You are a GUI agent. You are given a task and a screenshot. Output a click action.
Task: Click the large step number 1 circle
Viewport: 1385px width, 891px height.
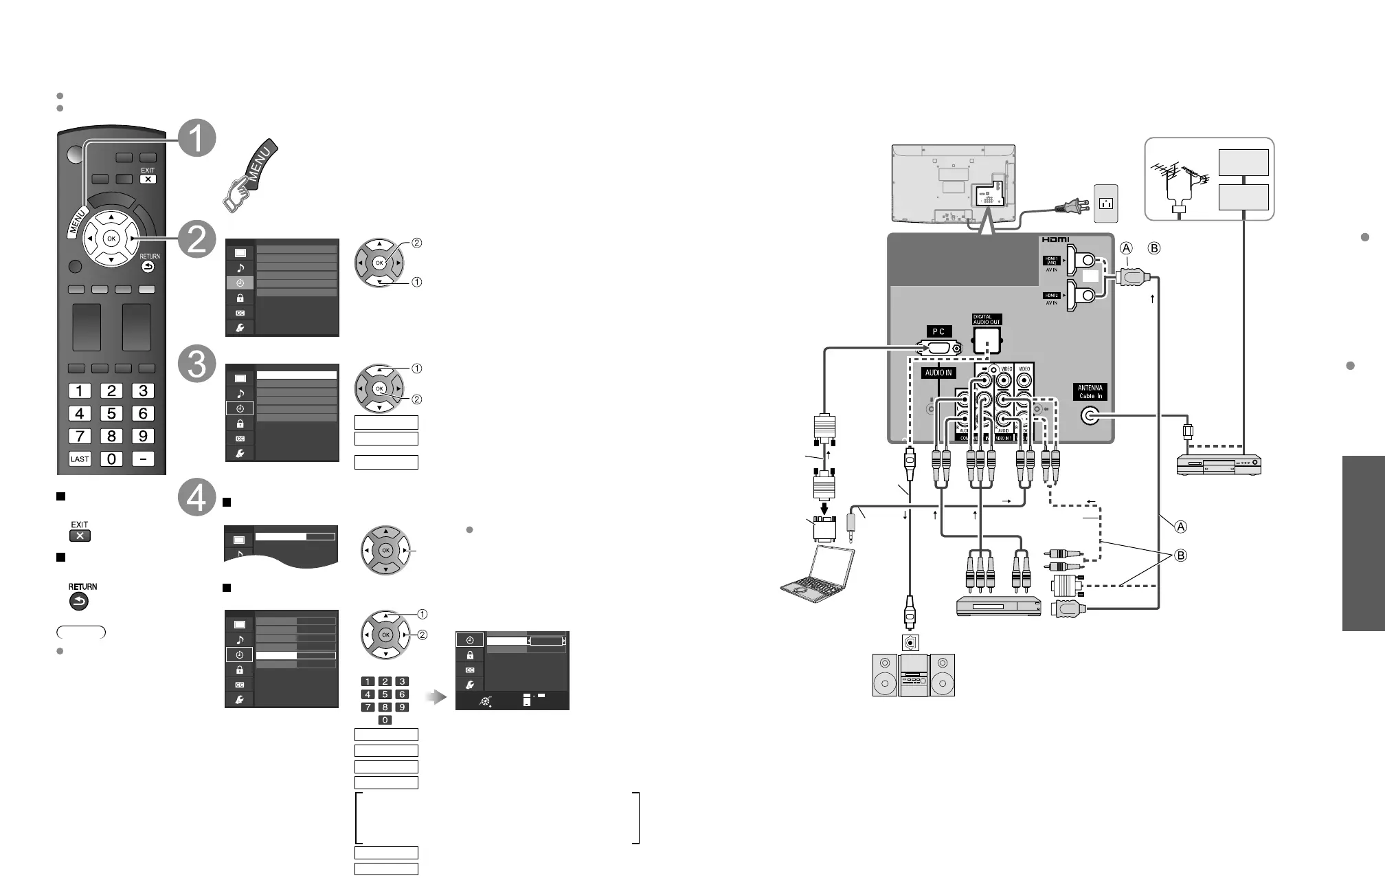pyautogui.click(x=196, y=140)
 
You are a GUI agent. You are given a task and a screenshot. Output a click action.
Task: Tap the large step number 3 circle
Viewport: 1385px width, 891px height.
pyautogui.click(x=196, y=364)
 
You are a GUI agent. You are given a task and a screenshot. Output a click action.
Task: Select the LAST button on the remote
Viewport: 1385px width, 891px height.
pyautogui.click(x=80, y=459)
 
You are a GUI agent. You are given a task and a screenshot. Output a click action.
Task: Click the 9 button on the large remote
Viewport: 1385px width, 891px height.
pyautogui.click(x=143, y=436)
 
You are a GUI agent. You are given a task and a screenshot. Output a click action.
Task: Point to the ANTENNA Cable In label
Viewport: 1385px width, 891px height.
pyautogui.click(x=1090, y=392)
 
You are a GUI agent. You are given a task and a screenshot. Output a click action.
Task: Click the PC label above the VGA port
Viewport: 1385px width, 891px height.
pyautogui.click(x=938, y=331)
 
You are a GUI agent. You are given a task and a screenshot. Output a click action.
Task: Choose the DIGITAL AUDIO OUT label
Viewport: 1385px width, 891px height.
pyautogui.click(x=987, y=320)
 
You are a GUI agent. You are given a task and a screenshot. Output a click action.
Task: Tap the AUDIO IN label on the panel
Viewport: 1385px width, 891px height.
pyautogui.click(x=938, y=373)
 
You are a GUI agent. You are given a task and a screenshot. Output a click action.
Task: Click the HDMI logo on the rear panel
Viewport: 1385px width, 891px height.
pyautogui.click(x=1055, y=239)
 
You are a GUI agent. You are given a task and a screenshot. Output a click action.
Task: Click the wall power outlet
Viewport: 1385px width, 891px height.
pyautogui.click(x=1105, y=203)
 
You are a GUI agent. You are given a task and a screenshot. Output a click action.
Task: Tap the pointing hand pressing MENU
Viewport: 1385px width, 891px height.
pyautogui.click(x=249, y=177)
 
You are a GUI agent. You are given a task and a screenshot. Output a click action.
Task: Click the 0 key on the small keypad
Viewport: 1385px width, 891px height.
pyautogui.click(x=385, y=720)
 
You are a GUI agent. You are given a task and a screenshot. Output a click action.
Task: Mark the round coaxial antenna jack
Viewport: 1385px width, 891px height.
pyautogui.click(x=1090, y=416)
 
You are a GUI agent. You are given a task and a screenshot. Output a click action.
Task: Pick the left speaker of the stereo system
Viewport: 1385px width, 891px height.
pyautogui.click(x=885, y=675)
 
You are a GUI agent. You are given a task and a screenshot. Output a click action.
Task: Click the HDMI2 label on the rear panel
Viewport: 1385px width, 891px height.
pyautogui.click(x=1051, y=296)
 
